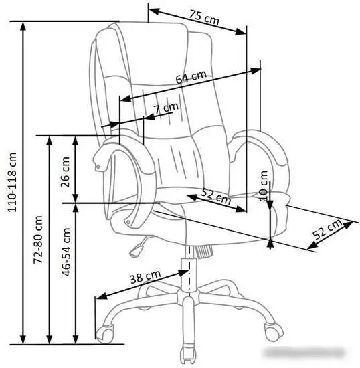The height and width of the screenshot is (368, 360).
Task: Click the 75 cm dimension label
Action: point(204,17)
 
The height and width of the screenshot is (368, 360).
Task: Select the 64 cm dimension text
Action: point(191,77)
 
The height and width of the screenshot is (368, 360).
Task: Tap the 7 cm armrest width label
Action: point(166,108)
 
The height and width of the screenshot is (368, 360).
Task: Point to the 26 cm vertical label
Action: point(66,172)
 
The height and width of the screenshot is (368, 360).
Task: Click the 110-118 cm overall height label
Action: point(12,183)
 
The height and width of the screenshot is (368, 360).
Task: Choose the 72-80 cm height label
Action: point(38,240)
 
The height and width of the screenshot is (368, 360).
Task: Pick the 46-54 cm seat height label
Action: point(66,252)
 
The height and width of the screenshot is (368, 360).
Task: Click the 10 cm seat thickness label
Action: point(264,185)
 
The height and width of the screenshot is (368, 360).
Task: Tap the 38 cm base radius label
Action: point(145,276)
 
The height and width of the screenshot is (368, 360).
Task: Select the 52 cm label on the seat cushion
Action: point(216,196)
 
